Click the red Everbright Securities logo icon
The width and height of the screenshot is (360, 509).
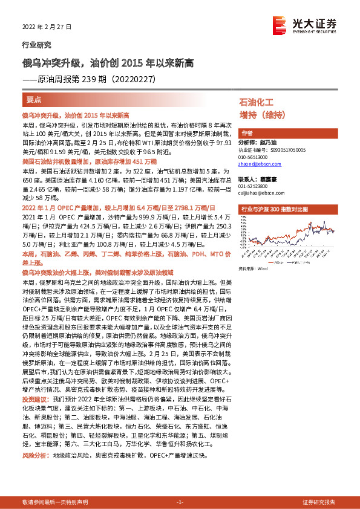280,23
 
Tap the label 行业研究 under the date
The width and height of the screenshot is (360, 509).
37,44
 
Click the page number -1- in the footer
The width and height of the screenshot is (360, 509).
180,502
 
